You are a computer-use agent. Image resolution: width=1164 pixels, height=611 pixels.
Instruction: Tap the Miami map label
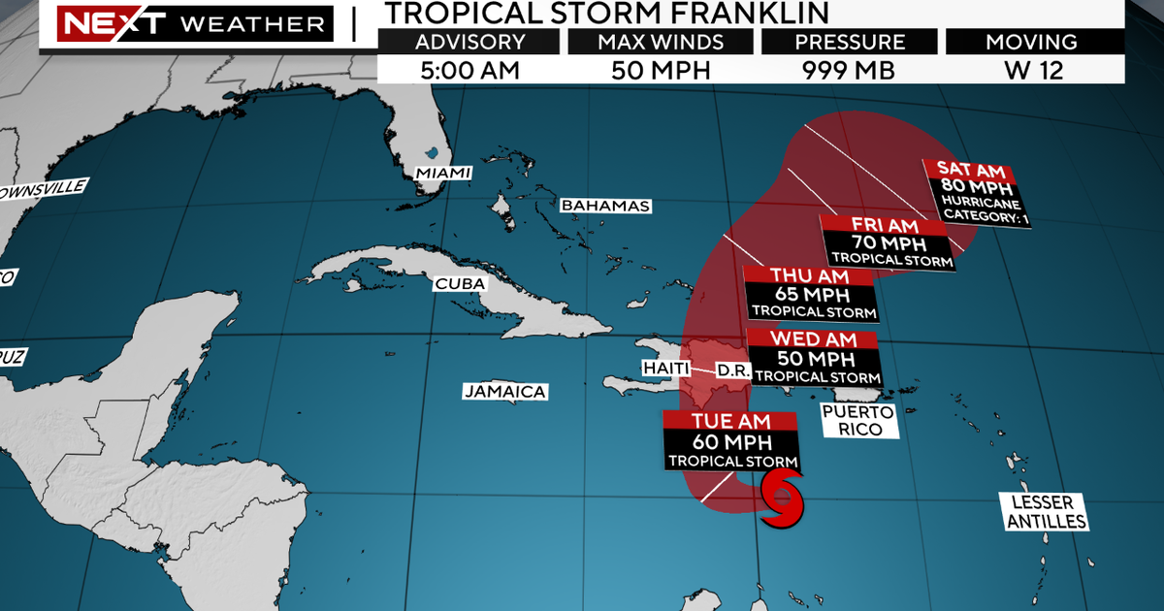point(443,173)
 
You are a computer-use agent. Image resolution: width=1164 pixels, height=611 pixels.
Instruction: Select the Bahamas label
point(605,206)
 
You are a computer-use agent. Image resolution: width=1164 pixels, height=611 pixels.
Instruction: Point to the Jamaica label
point(504,392)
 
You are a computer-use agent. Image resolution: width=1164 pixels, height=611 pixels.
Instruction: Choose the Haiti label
point(665,369)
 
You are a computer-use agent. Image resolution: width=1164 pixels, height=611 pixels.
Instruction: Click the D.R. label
point(728,370)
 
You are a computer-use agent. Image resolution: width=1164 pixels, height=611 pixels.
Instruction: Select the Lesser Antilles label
point(1048,512)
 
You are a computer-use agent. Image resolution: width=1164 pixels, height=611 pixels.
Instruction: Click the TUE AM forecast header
point(730,421)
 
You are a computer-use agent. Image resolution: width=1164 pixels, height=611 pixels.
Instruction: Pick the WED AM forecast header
point(813,339)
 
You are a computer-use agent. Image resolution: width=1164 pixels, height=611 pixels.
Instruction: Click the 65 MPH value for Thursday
point(811,294)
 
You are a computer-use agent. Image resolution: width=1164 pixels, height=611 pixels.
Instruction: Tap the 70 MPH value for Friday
point(884,241)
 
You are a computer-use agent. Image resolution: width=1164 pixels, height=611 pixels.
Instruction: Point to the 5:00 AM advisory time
point(469,70)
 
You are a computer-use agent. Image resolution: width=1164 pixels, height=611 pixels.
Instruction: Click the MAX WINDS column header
point(660,42)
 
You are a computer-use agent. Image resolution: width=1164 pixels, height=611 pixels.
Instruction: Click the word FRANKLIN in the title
point(748,14)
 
